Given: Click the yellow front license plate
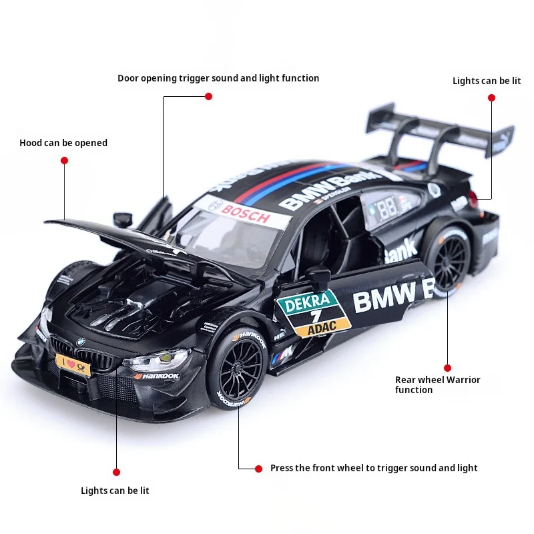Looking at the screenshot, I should [x=75, y=364].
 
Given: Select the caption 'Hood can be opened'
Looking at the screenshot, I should [x=63, y=143].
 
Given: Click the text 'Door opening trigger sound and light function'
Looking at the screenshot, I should [x=218, y=78].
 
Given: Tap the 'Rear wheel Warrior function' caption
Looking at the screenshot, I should [x=437, y=384].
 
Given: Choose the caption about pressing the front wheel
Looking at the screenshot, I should [x=374, y=468].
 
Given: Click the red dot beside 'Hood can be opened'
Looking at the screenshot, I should [x=65, y=160].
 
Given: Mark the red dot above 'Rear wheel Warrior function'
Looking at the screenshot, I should [x=447, y=367].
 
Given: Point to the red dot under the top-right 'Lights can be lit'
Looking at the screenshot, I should [x=491, y=97].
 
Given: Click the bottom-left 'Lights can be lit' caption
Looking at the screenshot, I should [x=115, y=491].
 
